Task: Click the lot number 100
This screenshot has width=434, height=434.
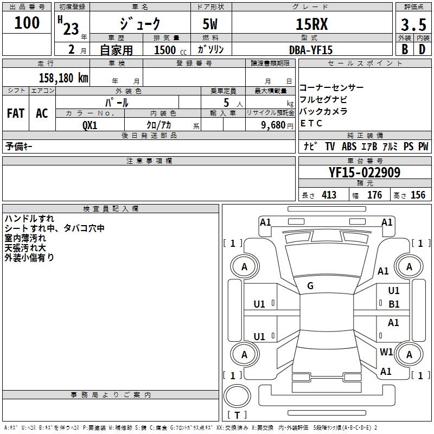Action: [28, 23]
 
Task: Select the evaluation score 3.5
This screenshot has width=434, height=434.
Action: [413, 25]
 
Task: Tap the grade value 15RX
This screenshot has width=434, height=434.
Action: [311, 24]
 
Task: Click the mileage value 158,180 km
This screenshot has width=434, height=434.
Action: [63, 78]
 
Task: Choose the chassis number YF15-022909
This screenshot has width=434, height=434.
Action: [365, 173]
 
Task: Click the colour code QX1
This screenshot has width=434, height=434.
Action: [90, 125]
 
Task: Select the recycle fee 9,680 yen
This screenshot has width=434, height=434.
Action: [273, 125]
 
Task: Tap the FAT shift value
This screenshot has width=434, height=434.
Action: [16, 113]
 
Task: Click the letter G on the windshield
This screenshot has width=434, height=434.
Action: [310, 286]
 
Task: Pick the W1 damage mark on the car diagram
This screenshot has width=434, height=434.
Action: [386, 352]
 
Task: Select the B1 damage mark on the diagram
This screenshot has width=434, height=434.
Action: [394, 304]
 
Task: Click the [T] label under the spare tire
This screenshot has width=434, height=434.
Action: [237, 415]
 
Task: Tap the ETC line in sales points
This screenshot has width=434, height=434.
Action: [311, 123]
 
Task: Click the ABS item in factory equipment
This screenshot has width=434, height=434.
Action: [349, 146]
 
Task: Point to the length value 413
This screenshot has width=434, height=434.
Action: [329, 195]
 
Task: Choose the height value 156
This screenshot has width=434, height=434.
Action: [418, 195]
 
